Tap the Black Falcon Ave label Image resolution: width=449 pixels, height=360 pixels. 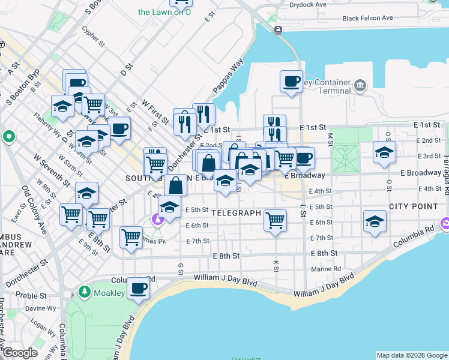click(368, 19)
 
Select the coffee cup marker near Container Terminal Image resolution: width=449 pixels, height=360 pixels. click(292, 81)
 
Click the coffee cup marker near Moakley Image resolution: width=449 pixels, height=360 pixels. click(138, 289)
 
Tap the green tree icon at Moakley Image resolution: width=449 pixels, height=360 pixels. click(85, 293)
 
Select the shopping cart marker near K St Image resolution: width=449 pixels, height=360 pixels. click(275, 220)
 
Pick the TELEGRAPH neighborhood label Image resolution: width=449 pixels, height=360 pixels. click(236, 213)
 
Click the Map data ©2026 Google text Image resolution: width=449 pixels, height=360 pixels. click(411, 355)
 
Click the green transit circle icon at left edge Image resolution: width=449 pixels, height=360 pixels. click(8, 137)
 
